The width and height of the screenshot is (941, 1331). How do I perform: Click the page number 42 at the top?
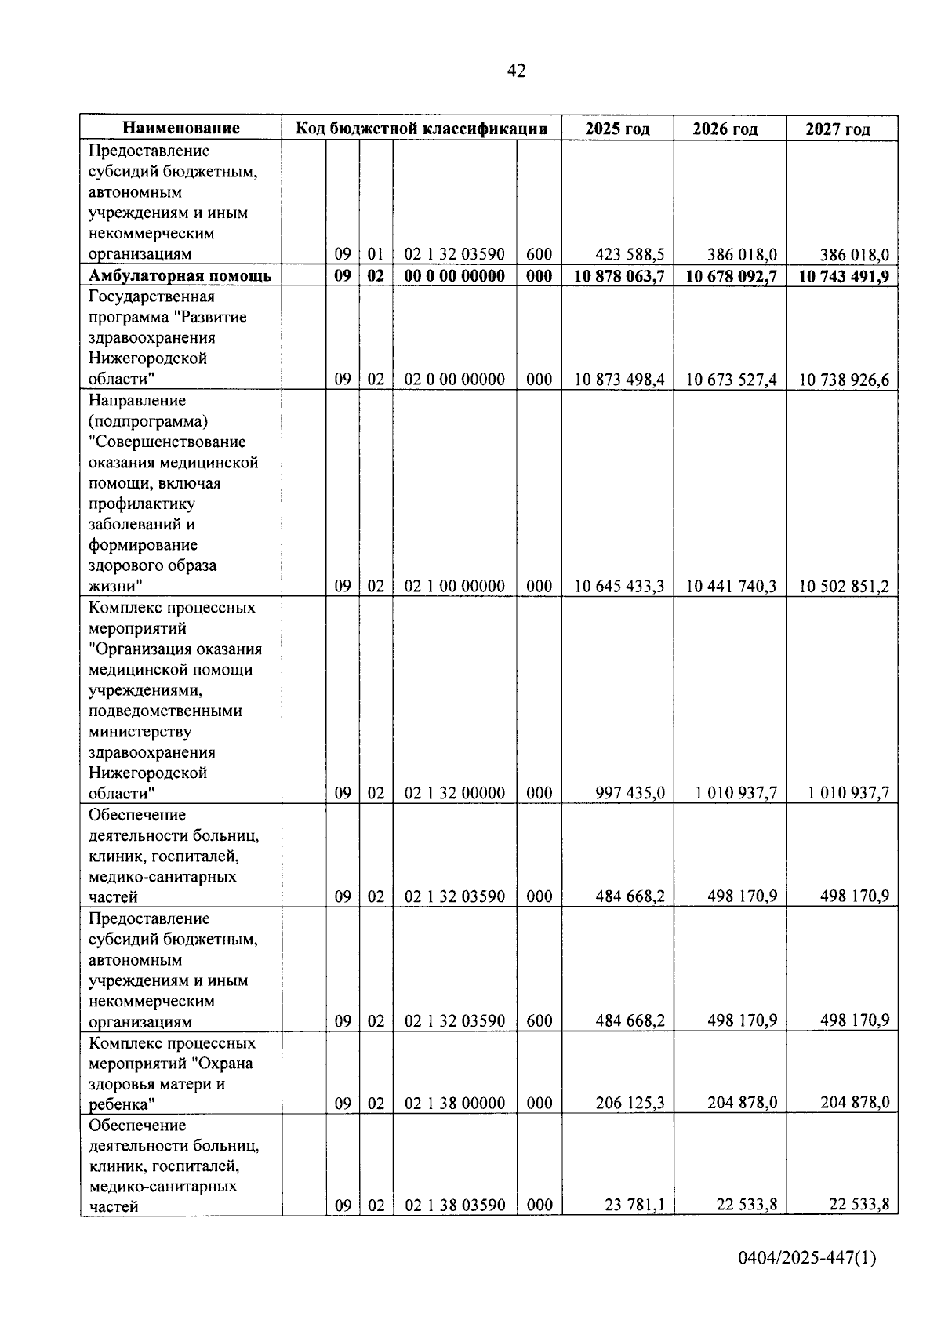pyautogui.click(x=517, y=71)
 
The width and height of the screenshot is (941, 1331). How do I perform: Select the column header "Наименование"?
pyautogui.click(x=181, y=129)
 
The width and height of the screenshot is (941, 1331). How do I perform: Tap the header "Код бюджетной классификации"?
pyautogui.click(x=421, y=129)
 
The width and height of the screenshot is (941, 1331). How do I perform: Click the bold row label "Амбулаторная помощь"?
pyautogui.click(x=180, y=276)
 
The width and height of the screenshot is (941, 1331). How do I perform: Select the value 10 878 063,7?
pyautogui.click(x=619, y=276)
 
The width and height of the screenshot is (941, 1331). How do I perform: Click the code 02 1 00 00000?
pyautogui.click(x=455, y=587)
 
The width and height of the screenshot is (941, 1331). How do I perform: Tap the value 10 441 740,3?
pyautogui.click(x=732, y=587)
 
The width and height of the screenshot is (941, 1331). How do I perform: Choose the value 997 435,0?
pyautogui.click(x=630, y=794)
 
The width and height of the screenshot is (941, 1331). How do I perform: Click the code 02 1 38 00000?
pyautogui.click(x=455, y=1104)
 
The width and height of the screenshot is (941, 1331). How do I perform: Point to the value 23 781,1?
pyautogui.click(x=634, y=1206)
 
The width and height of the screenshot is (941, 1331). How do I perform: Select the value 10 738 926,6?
pyautogui.click(x=844, y=380)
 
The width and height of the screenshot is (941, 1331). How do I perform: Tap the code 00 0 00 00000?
pyautogui.click(x=455, y=276)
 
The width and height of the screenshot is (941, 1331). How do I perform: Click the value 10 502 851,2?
pyautogui.click(x=844, y=587)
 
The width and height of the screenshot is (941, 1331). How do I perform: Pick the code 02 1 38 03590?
pyautogui.click(x=455, y=1206)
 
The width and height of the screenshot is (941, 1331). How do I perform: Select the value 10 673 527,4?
pyautogui.click(x=732, y=380)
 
